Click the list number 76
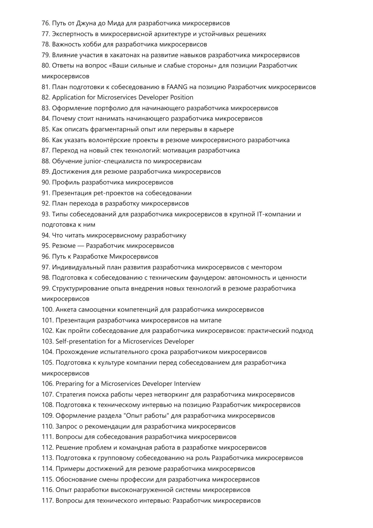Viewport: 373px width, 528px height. click(46, 23)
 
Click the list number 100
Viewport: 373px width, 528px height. click(48, 310)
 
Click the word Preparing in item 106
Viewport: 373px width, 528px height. click(69, 384)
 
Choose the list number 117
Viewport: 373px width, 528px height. click(48, 501)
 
